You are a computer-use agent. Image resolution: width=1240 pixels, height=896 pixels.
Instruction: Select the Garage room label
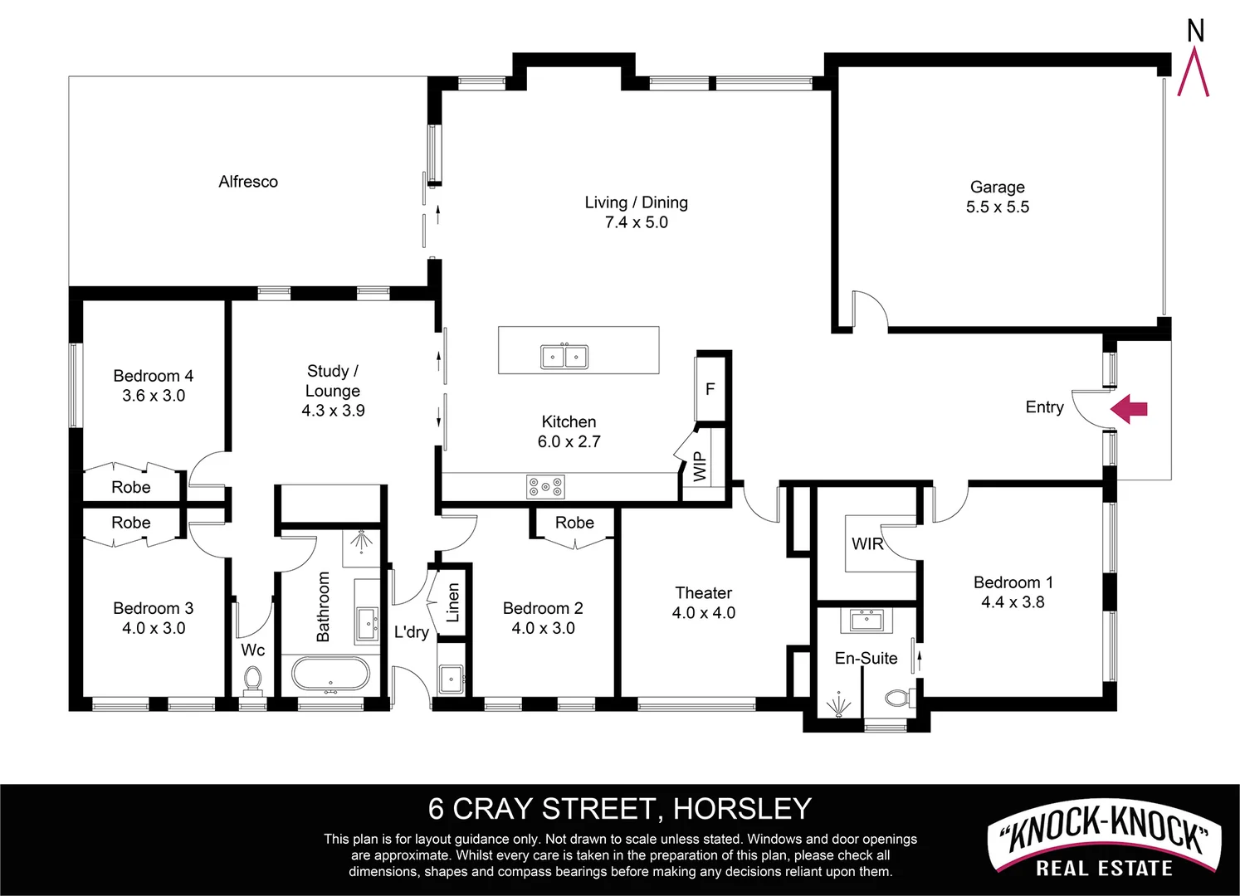click(x=997, y=187)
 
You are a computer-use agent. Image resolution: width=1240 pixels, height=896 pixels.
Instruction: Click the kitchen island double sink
click(x=564, y=357)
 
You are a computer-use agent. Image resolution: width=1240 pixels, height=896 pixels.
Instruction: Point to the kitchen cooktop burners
click(x=545, y=487)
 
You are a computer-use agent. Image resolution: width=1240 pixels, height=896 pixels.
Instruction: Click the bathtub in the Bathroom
click(x=331, y=674)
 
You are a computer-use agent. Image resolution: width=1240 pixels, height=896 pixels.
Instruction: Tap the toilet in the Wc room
click(x=252, y=680)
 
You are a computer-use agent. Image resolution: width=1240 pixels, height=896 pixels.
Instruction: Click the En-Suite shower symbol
click(x=838, y=705)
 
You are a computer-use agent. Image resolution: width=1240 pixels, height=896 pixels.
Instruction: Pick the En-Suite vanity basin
click(x=867, y=619)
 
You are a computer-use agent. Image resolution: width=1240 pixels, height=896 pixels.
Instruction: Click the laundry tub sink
click(x=451, y=679)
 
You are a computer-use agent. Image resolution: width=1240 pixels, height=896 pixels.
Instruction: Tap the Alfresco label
click(x=248, y=182)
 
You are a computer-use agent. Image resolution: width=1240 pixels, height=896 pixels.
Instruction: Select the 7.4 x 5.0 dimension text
click(x=636, y=222)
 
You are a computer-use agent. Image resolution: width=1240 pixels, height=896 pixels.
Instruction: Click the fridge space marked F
click(x=710, y=388)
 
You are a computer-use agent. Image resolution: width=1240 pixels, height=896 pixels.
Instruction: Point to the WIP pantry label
click(x=700, y=466)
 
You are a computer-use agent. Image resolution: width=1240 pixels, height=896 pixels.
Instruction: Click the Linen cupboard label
click(x=453, y=603)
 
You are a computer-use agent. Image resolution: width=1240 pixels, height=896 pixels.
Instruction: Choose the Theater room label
click(x=703, y=593)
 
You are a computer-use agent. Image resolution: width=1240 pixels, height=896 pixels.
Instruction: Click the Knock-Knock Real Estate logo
click(x=1104, y=842)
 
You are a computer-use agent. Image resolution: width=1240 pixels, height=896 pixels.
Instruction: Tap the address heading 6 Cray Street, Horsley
click(x=619, y=808)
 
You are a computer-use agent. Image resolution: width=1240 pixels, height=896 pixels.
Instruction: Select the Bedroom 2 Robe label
click(x=574, y=523)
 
